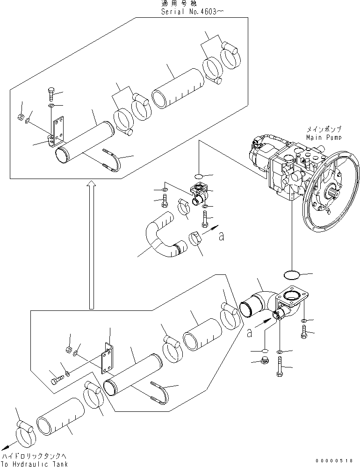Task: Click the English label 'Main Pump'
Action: pyautogui.click(x=324, y=137)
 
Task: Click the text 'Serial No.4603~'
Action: pyautogui.click(x=190, y=12)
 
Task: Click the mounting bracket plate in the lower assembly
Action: pyautogui.click(x=108, y=359)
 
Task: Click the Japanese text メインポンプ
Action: pyautogui.click(x=324, y=129)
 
